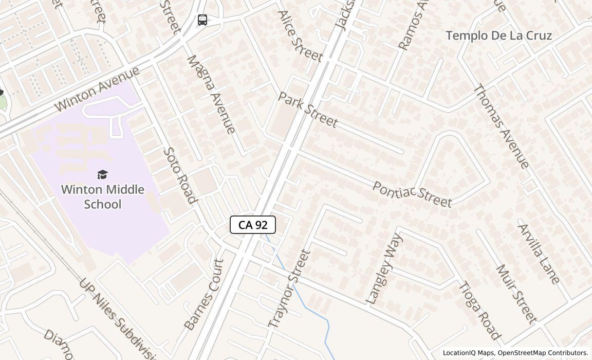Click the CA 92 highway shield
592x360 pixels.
coord(252,225)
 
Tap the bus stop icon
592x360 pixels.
coord(202,20)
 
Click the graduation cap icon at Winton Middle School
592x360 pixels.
coord(102,175)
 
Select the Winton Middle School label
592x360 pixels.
coord(102,196)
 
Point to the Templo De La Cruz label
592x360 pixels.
coord(498,35)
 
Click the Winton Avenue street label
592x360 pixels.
coord(97,89)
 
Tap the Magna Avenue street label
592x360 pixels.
coord(211,94)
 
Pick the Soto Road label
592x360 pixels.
coord(180,175)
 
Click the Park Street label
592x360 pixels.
coord(308,110)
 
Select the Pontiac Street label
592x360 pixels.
coord(412,194)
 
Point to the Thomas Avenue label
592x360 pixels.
coord(500,127)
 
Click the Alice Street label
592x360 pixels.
coord(300,36)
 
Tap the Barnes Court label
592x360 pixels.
coord(204,294)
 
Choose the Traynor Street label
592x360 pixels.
coord(290,289)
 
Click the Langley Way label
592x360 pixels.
coord(383,268)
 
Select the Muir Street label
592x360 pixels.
coord(516,294)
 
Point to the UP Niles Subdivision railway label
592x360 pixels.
coord(118,319)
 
